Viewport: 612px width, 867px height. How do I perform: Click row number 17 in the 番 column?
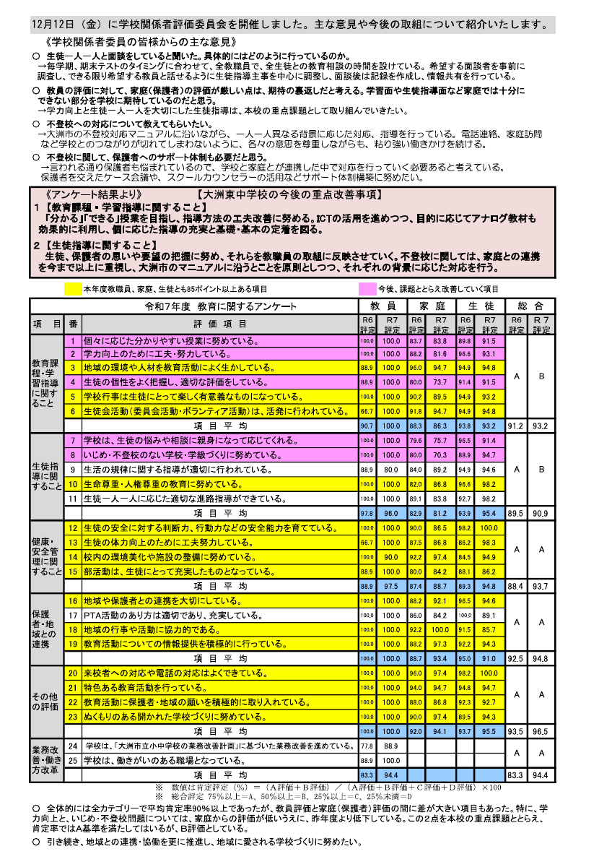73,616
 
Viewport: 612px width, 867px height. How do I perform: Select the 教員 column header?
382,306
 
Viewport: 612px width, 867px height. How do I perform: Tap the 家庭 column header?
431,306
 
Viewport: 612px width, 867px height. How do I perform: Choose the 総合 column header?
530,306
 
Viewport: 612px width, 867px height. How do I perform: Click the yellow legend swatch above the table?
73,289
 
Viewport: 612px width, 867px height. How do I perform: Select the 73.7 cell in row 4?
440,382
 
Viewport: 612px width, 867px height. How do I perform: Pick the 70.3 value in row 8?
440,455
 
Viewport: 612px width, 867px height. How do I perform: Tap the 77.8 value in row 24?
367,746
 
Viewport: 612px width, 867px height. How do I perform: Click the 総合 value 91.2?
516,426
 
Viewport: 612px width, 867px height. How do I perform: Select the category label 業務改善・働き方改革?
48,760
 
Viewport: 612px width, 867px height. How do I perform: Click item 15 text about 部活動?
178,571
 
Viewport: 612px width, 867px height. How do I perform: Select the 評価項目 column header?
220,324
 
